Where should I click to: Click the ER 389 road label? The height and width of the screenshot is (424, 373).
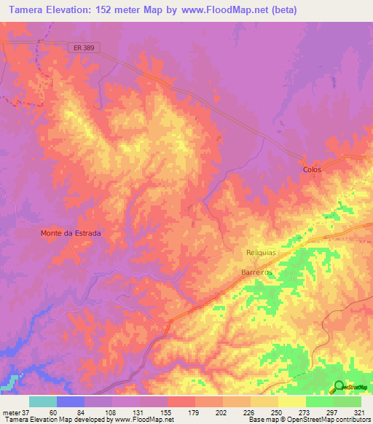85,47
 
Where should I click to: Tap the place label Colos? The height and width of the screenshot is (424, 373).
312,169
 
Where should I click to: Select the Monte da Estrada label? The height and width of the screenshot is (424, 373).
70,234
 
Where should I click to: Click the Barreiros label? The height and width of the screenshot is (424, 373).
256,271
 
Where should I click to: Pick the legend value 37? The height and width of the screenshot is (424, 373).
25,412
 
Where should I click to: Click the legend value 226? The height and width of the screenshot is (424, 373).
251,412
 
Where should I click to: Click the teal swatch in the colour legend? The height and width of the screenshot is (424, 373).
42,401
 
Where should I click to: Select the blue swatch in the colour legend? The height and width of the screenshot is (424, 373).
70,401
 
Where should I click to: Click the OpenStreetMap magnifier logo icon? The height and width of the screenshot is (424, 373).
339,388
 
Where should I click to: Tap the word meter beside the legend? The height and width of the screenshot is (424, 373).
10,412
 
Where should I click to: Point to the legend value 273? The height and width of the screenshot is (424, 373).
306,412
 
